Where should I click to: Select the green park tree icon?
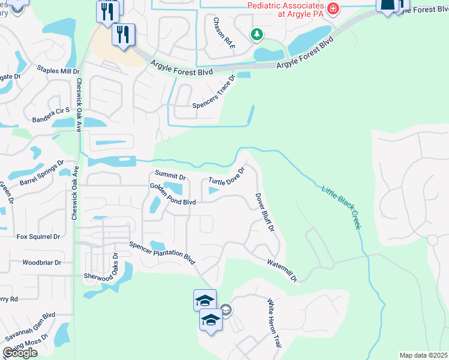[x=257, y=34]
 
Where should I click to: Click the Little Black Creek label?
[x=342, y=206]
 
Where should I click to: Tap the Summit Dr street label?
[x=170, y=174]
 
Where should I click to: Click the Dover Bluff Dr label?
[x=265, y=212]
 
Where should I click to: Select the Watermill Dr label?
[x=282, y=269]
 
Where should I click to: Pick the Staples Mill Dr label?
[x=58, y=71]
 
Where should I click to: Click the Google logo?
[x=20, y=353]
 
